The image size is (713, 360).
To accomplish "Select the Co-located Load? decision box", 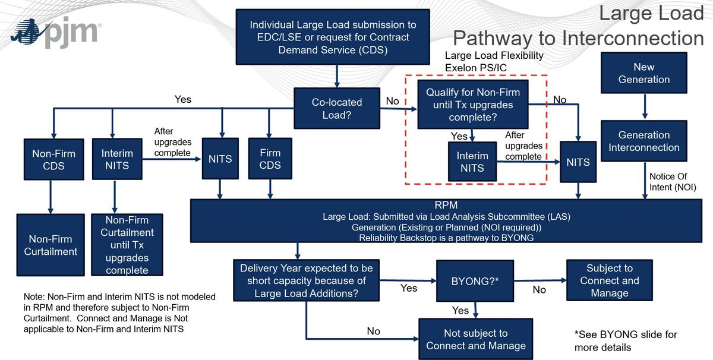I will click(337, 108).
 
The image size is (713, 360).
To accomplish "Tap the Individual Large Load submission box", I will click(333, 37).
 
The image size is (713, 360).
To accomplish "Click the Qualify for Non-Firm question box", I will click(473, 105).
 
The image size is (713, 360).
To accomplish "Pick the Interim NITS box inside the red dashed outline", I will click(472, 162).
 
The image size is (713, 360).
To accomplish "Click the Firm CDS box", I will click(270, 159).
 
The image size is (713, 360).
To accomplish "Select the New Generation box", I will click(643, 73).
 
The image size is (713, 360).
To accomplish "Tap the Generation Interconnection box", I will click(643, 141).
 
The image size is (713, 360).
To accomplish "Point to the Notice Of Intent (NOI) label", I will click(672, 182).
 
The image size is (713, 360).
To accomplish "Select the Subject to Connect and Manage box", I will click(609, 280).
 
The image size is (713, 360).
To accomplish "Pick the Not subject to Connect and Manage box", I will click(475, 339).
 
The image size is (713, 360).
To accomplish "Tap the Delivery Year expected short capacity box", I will click(307, 280).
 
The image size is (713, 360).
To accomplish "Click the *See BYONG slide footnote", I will click(626, 341).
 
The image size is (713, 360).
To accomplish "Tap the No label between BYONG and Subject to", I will click(539, 290).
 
